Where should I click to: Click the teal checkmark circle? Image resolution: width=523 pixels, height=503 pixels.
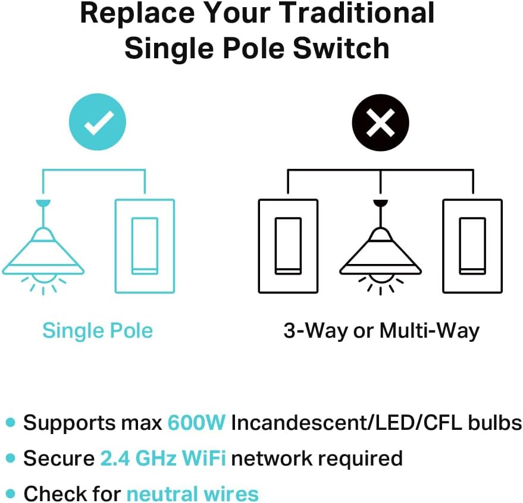click(x=98, y=123)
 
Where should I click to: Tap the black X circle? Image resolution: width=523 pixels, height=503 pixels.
click(x=381, y=123)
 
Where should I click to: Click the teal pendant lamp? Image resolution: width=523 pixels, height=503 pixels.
click(x=42, y=250)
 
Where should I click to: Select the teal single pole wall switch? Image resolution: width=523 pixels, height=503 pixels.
click(x=145, y=246)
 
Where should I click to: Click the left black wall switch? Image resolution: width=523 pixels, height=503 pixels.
click(x=288, y=246)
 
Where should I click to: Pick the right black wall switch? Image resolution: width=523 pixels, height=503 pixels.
click(x=472, y=246)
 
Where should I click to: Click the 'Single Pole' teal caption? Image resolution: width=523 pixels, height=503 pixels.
click(x=98, y=331)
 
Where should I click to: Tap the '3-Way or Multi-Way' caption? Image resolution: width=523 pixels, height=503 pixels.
click(x=381, y=331)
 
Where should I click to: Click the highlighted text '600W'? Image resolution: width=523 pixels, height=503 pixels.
click(x=196, y=423)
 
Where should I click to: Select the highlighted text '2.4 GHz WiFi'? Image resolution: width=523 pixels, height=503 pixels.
click(x=163, y=458)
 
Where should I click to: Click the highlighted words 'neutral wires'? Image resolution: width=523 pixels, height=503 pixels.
click(x=193, y=493)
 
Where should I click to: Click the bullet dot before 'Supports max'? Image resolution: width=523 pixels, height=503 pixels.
click(x=10, y=423)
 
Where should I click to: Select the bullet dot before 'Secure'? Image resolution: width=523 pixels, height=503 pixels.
click(x=10, y=458)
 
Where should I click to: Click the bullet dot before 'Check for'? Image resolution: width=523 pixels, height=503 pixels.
click(x=10, y=493)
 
